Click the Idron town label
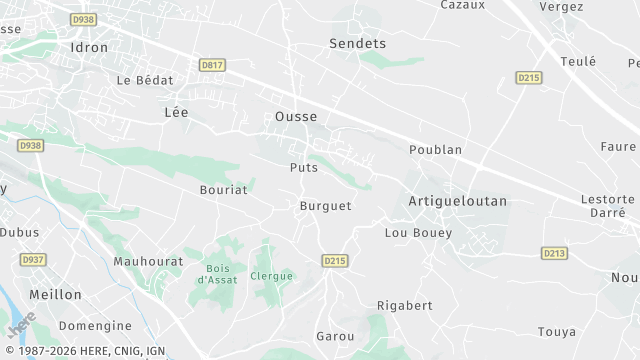click(89, 46)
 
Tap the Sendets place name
click(357, 44)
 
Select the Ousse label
click(296, 117)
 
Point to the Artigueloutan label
click(458, 201)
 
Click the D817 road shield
click(212, 65)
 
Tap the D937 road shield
click(33, 260)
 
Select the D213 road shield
click(555, 253)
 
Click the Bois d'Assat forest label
click(215, 274)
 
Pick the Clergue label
click(272, 276)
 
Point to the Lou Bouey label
click(418, 233)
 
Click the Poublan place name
click(435, 150)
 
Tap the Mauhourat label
click(148, 261)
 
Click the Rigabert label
click(404, 305)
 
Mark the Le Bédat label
click(144, 80)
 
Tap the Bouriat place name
click(223, 187)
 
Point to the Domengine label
click(95, 326)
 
